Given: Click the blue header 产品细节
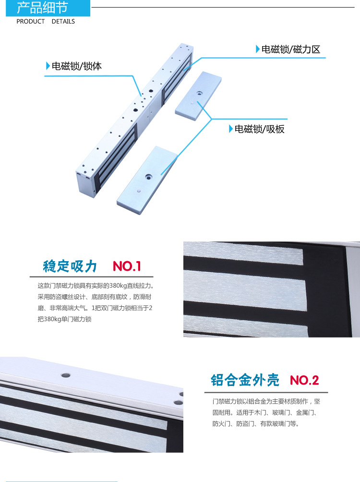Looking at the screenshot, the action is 42,8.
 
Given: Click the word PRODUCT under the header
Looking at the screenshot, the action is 30,22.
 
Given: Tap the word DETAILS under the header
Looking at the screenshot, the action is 63,22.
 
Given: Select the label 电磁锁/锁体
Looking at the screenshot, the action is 76,66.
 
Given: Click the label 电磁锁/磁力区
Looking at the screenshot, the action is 291,49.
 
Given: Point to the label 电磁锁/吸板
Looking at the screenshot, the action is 260,129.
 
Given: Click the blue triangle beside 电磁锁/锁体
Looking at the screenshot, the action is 48,66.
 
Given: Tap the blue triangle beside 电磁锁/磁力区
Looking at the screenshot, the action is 258,49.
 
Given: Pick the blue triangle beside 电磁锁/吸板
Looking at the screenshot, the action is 231,129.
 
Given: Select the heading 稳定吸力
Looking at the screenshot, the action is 70,266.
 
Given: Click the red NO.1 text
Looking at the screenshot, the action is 127,266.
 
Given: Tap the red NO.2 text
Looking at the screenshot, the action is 304,380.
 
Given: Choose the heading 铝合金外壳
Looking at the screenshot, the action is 245,380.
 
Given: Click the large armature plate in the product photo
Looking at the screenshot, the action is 147,180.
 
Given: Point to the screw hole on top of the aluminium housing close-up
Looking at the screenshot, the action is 66,375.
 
